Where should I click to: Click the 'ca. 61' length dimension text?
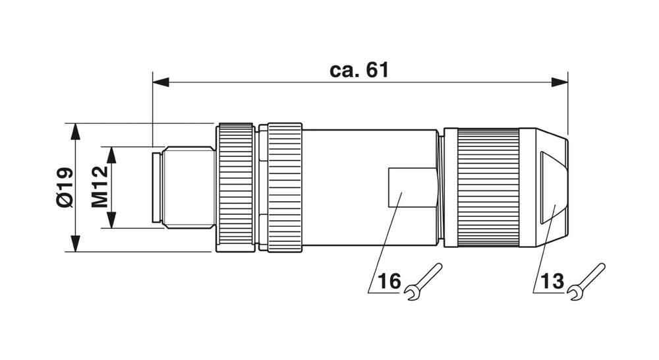coord(359,71)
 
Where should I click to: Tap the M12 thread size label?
coord(99,187)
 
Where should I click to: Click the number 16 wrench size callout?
coord(389,282)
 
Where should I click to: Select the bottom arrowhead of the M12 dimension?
coord(111,221)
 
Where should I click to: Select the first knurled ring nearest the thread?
coord(236,187)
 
